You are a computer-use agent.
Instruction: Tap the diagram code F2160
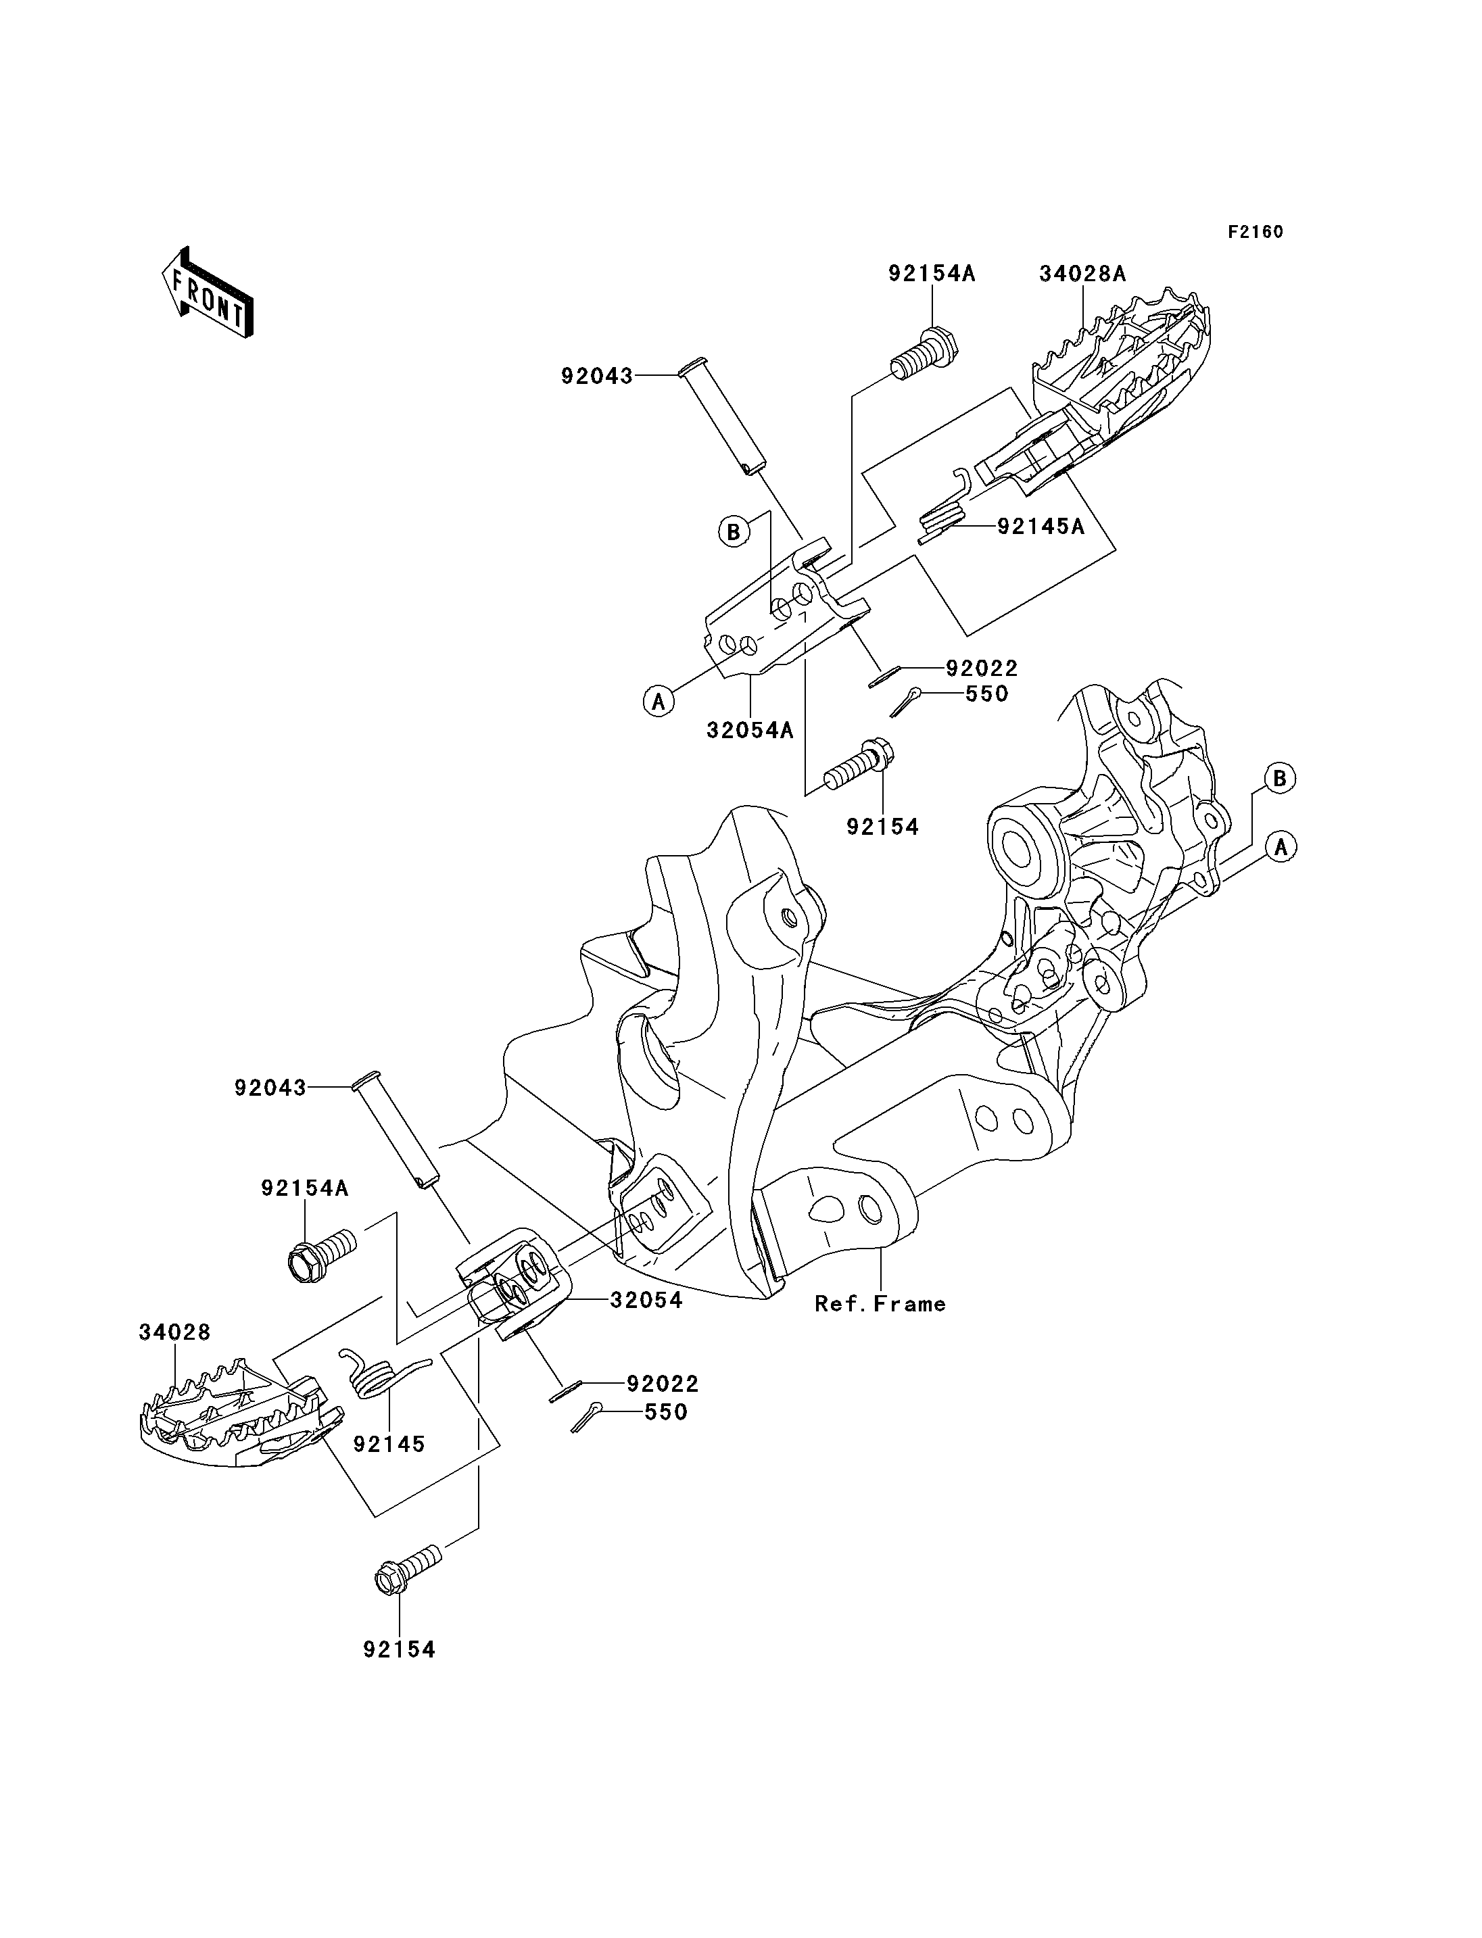(1256, 232)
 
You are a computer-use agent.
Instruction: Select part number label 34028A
(1082, 274)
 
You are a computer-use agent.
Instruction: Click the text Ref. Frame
(880, 1304)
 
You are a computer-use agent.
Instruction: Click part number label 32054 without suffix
(646, 1301)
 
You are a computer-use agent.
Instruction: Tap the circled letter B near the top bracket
(732, 532)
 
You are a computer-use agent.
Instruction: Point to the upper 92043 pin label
(597, 377)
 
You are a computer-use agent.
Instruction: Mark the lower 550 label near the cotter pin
(666, 1412)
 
